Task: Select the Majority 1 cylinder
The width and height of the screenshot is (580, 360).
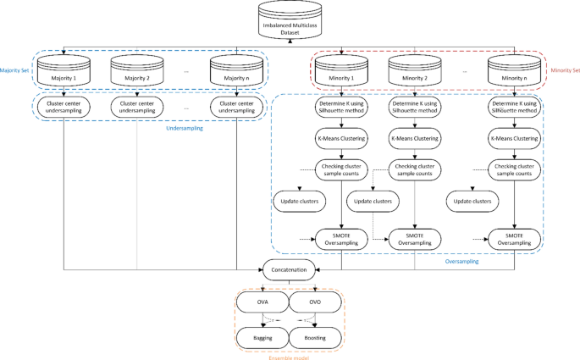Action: coord(65,75)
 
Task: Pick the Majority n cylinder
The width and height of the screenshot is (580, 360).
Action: coord(236,75)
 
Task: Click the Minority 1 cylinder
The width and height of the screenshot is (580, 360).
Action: coord(340,75)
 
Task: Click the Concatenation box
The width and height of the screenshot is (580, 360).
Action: coord(290,270)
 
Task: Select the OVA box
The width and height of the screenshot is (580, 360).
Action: coord(262,303)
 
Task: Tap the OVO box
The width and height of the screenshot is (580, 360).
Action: coord(316,303)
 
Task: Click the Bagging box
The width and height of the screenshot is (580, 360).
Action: coord(262,336)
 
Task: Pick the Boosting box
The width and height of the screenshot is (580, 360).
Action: coord(316,336)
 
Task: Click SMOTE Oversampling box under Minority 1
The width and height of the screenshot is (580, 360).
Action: coord(340,238)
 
